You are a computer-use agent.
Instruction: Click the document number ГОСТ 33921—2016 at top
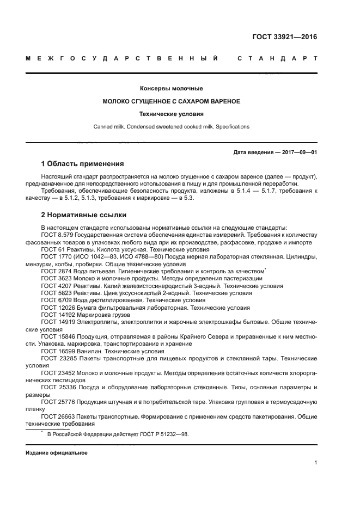[285, 38]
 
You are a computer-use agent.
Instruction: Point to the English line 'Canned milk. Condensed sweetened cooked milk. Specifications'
[172, 127]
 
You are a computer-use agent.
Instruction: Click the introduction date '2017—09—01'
[300, 152]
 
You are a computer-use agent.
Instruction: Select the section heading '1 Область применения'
[83, 164]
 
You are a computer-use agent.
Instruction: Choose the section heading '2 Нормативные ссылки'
[83, 215]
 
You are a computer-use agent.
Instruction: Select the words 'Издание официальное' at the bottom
[56, 453]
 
